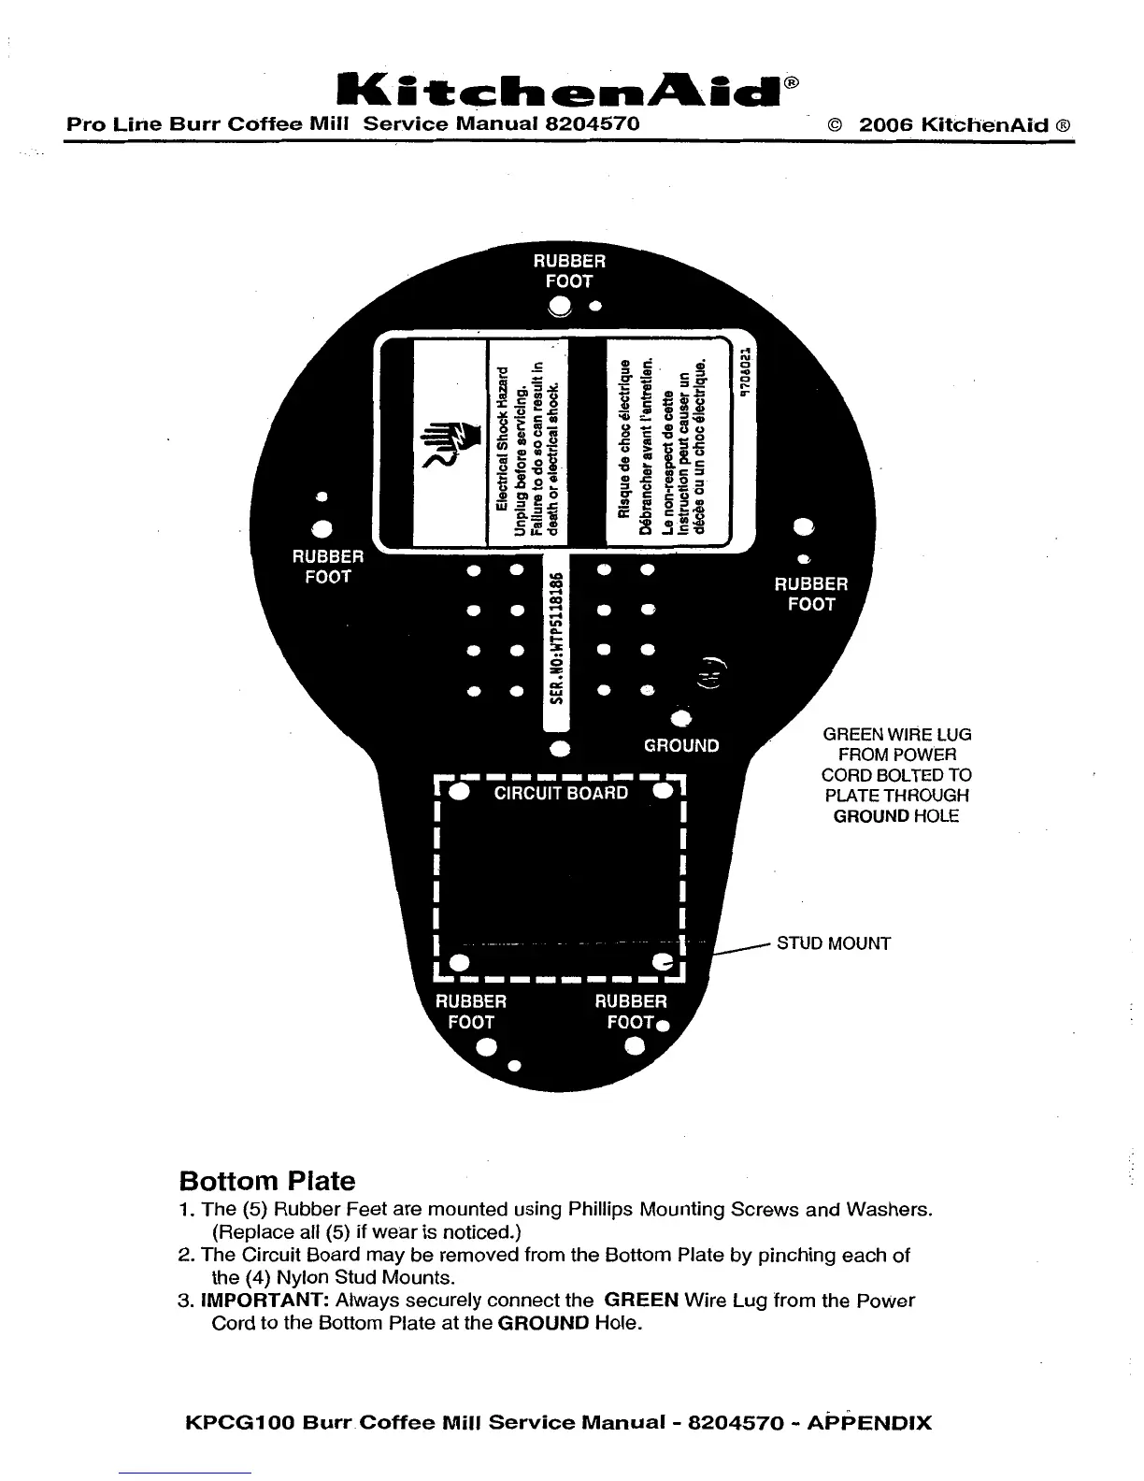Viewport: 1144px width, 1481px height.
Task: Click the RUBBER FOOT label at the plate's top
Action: click(x=569, y=271)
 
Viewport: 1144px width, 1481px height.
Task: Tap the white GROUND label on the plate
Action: click(x=681, y=746)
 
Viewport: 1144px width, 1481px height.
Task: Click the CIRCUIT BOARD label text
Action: click(x=561, y=794)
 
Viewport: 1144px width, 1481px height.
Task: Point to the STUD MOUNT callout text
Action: click(x=834, y=943)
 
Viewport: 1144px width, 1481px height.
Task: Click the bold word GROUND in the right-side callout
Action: click(x=871, y=816)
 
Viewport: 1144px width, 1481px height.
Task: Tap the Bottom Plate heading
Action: click(x=266, y=1181)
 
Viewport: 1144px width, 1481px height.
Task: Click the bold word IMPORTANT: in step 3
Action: click(x=265, y=1301)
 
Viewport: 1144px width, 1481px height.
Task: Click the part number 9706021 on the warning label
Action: click(x=745, y=373)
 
